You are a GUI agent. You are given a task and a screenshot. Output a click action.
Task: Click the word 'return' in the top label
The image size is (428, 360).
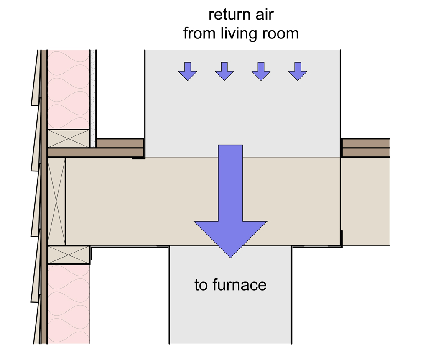coord(229,15)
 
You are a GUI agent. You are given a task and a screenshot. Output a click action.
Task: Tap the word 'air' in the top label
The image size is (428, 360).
coord(264,15)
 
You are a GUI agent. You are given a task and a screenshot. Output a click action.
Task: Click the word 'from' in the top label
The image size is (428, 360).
coord(200,33)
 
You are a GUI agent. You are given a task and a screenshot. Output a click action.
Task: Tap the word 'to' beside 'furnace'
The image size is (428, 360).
coord(201,286)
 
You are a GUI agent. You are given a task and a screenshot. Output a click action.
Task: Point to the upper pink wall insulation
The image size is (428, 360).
coord(69,89)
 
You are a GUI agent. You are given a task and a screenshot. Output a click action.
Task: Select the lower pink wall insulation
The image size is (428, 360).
coord(69,304)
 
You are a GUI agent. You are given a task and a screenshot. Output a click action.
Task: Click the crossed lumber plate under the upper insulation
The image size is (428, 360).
coord(69,138)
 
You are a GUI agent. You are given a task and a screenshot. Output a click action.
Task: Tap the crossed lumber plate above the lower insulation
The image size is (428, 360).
coord(69,255)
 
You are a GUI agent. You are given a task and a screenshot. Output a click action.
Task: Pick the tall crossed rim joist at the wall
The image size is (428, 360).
coord(56,201)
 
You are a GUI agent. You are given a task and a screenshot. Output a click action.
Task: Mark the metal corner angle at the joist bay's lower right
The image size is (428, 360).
coord(340,244)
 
